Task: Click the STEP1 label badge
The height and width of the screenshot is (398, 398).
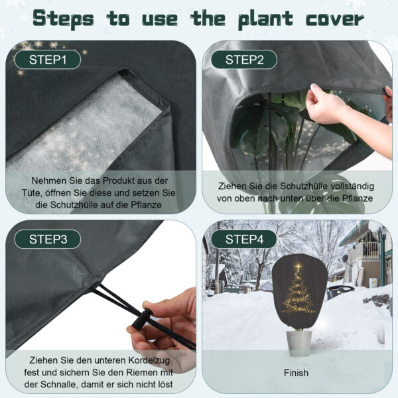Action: click(x=48, y=60)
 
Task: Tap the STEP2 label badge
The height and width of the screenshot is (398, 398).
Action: click(x=244, y=60)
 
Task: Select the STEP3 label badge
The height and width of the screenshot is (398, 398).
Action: click(x=48, y=239)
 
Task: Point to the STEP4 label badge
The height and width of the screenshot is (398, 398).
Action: click(x=244, y=239)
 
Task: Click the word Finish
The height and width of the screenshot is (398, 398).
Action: click(x=296, y=373)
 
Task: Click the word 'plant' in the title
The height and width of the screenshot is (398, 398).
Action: click(x=265, y=19)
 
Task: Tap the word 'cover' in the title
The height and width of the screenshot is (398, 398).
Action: click(x=335, y=19)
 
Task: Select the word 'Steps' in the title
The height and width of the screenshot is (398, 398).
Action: click(x=64, y=19)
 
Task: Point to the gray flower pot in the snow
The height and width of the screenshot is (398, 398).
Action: click(x=298, y=343)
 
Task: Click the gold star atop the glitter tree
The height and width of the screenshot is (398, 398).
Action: click(x=298, y=267)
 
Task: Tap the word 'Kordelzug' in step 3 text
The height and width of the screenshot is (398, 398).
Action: click(x=149, y=360)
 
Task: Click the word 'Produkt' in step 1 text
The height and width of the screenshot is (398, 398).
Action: click(x=119, y=180)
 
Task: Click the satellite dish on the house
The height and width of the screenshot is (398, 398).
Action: click(x=345, y=259)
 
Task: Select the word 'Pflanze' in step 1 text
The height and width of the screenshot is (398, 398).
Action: click(x=146, y=205)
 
